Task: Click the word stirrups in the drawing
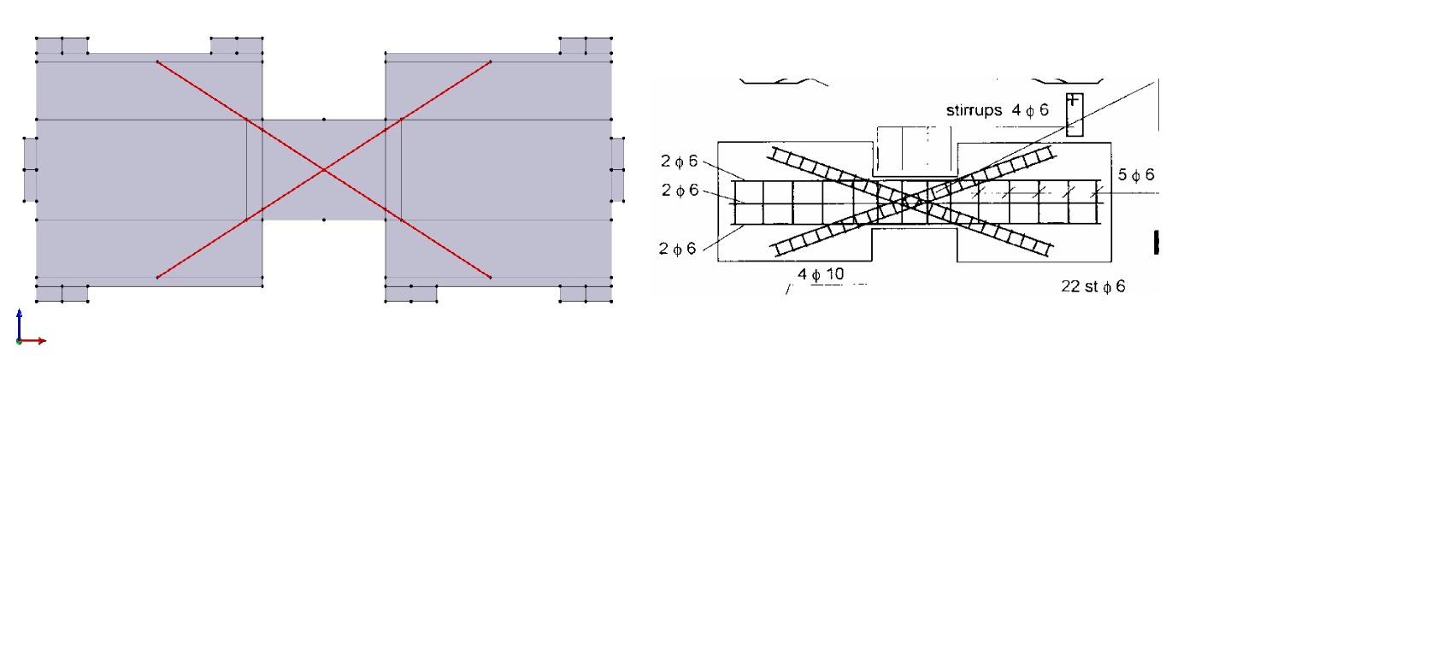pyautogui.click(x=974, y=110)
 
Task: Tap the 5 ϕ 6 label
pyautogui.click(x=1136, y=174)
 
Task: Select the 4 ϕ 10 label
pyautogui.click(x=821, y=274)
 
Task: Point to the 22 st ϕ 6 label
pyautogui.click(x=1093, y=286)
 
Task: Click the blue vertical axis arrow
pyautogui.click(x=20, y=325)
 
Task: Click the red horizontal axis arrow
pyautogui.click(x=32, y=341)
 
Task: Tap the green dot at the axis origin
pyautogui.click(x=20, y=341)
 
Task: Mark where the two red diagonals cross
pyautogui.click(x=324, y=170)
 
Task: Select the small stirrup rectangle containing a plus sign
pyautogui.click(x=1075, y=115)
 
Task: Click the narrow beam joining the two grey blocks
pyautogui.click(x=324, y=170)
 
